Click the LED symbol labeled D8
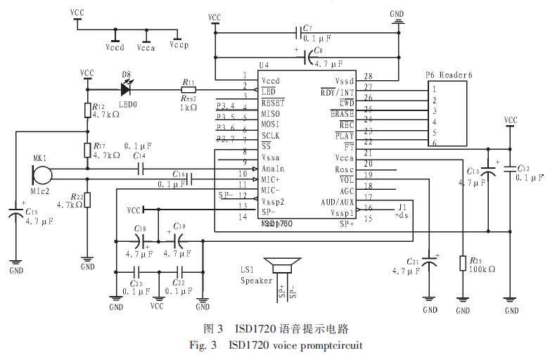[x=127, y=89]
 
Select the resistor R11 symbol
[x=188, y=89]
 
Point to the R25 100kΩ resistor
[x=462, y=263]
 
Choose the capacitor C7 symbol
[x=299, y=32]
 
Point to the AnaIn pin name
[x=272, y=169]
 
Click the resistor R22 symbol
[x=87, y=200]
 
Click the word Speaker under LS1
[x=256, y=281]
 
